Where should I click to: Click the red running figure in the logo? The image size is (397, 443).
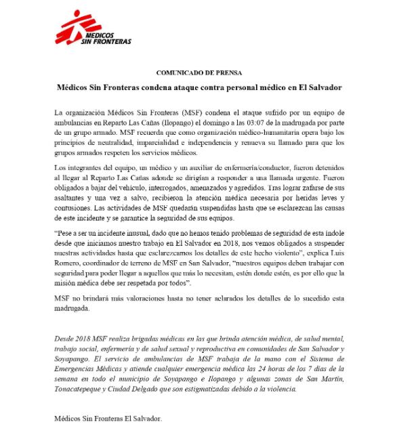pyautogui.click(x=70, y=29)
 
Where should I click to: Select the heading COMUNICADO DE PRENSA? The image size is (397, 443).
pyautogui.click(x=199, y=72)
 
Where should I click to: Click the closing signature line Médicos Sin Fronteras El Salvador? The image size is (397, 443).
pyautogui.click(x=108, y=418)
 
